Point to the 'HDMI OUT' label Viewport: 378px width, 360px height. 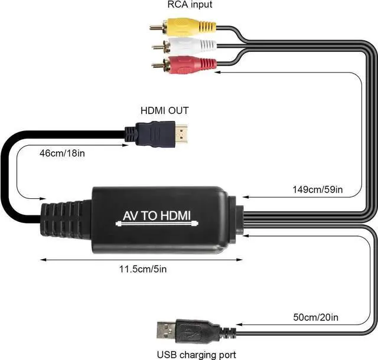pos(164,110)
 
